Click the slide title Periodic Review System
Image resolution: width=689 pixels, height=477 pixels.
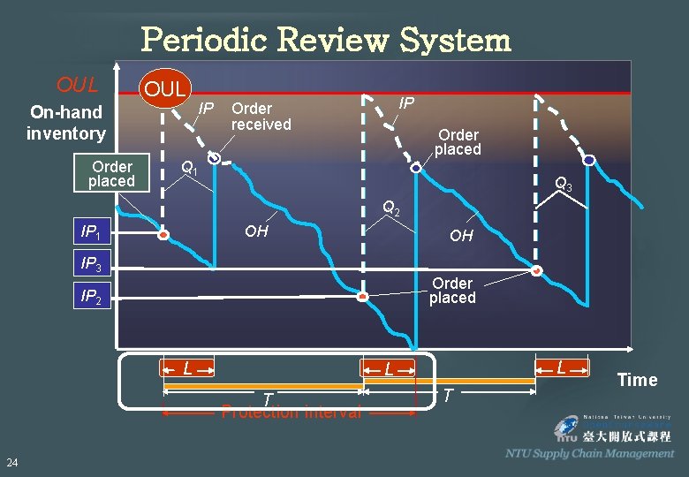click(x=326, y=40)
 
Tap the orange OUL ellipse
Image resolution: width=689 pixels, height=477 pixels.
click(x=165, y=88)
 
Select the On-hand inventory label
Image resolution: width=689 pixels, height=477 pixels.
click(x=65, y=123)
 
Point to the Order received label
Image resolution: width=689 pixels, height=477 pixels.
click(x=261, y=117)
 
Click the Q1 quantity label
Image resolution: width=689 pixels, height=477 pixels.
click(x=189, y=167)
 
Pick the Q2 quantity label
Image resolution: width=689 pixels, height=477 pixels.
click(x=391, y=208)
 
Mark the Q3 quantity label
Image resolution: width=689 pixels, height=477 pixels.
click(x=564, y=185)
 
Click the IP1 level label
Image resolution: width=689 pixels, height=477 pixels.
click(x=91, y=232)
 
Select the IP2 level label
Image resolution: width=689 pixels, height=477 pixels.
click(x=91, y=297)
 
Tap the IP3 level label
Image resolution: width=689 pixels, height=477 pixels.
click(x=91, y=264)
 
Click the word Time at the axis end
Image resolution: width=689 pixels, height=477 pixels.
click(x=637, y=381)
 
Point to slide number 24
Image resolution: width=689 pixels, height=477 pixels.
click(x=12, y=463)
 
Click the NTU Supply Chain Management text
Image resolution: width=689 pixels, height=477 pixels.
click(x=589, y=453)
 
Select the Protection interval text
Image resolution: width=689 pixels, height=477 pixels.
click(x=291, y=412)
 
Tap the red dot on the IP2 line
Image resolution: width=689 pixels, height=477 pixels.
click(x=362, y=298)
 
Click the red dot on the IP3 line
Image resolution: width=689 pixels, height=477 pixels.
click(x=537, y=270)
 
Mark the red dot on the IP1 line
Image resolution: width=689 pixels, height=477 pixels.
click(x=163, y=236)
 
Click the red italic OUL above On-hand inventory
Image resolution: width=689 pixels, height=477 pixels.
click(x=77, y=85)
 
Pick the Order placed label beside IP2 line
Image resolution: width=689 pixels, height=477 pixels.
click(x=452, y=291)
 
